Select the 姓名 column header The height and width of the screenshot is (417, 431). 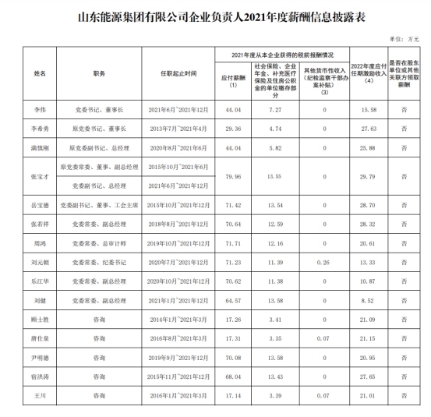[x=41, y=72]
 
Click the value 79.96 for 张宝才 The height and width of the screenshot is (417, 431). [x=232, y=177]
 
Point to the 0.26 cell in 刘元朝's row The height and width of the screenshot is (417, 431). [x=323, y=263]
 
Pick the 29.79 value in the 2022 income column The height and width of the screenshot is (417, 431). [x=371, y=177]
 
